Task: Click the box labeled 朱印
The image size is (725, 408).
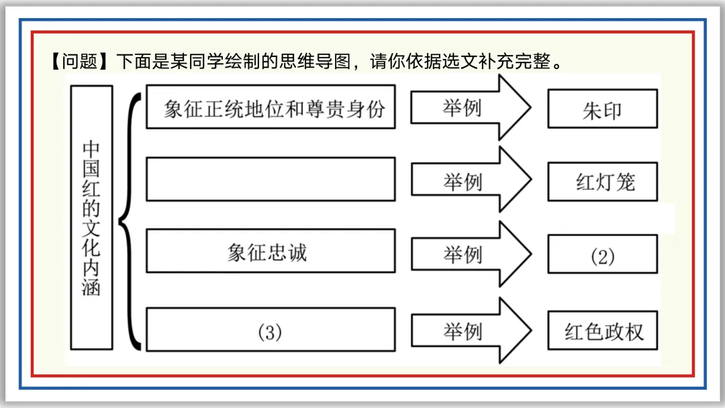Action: point(602,109)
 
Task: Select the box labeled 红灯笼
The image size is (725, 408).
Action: point(602,182)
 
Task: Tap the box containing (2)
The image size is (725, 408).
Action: point(602,254)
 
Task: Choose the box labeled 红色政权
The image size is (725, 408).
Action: point(602,330)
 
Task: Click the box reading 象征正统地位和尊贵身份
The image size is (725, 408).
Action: point(271,107)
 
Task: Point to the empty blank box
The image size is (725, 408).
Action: point(271,179)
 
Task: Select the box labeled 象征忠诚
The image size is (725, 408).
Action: point(271,251)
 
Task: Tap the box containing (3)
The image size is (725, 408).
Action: point(271,330)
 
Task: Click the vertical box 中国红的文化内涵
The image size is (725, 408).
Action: point(91,217)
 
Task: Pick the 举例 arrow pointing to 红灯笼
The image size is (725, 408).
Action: point(471,181)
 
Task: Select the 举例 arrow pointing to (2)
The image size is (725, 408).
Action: point(471,254)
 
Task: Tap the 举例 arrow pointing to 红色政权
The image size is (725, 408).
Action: point(471,330)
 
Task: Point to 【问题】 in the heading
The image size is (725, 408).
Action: point(79,61)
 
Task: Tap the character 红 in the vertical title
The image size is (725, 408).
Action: point(91,189)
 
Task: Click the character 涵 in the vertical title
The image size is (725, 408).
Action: point(91,287)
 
